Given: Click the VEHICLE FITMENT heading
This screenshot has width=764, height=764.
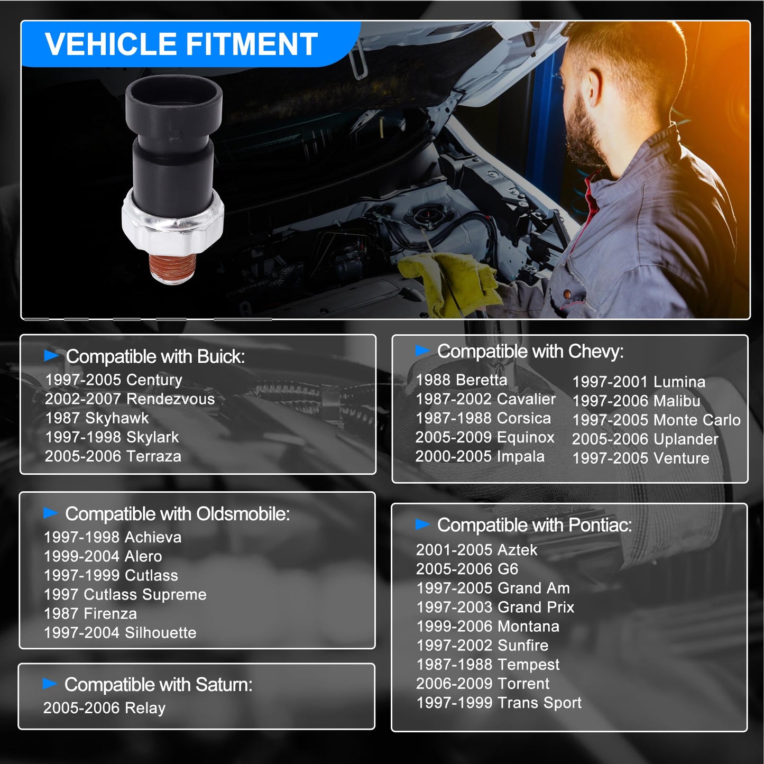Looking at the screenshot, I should [181, 44].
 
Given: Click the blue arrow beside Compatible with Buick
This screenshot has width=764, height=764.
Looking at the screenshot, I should [51, 355].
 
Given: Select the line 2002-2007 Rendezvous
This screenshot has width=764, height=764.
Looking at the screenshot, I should [130, 399].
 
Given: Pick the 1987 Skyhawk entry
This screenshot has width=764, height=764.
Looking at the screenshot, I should [97, 418].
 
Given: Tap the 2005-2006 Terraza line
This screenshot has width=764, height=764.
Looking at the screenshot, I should [113, 456].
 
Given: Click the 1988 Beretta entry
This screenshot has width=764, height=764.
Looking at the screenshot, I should [461, 380].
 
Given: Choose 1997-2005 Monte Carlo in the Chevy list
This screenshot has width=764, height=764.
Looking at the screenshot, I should [656, 420].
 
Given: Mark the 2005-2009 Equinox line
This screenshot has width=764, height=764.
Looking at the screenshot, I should [484, 437].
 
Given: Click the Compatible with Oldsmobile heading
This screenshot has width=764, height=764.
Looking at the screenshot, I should [177, 514].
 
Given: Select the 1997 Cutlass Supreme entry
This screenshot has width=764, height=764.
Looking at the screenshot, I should [125, 594].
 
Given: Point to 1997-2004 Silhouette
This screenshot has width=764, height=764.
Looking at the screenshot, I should [120, 632].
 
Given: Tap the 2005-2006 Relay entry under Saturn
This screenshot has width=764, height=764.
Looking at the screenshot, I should [104, 707].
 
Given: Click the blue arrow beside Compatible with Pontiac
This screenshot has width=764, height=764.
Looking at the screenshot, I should [422, 524].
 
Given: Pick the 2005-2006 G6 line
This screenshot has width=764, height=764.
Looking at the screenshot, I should [467, 569].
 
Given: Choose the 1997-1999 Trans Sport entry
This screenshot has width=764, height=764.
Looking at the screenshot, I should [499, 702].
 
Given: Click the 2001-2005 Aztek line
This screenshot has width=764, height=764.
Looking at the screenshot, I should [476, 550].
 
